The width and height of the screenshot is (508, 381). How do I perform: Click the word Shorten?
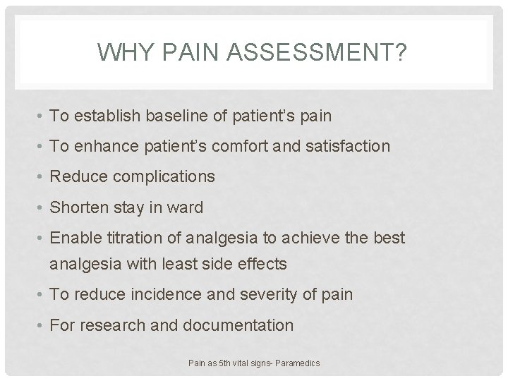77,207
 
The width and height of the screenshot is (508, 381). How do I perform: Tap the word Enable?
74,238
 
